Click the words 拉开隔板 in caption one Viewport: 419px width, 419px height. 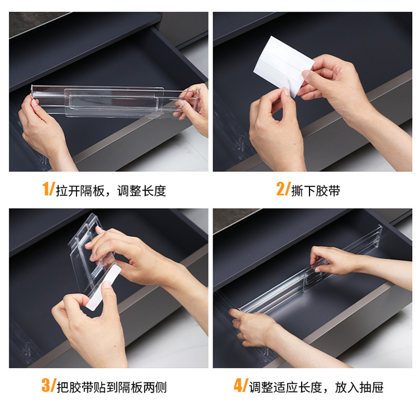pyautogui.click(x=80, y=191)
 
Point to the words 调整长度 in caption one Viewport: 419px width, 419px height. pyautogui.click(x=141, y=191)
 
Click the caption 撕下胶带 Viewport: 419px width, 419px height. pyautogui.click(x=316, y=191)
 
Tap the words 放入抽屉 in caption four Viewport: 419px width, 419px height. pyautogui.click(x=359, y=387)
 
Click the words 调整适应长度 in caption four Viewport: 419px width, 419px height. pyautogui.click(x=285, y=387)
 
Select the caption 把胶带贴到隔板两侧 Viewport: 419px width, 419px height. pyautogui.click(x=112, y=387)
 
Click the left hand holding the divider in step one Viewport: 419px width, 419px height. pyautogui.click(x=44, y=131)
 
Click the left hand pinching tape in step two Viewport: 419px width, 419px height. pyautogui.click(x=275, y=128)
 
